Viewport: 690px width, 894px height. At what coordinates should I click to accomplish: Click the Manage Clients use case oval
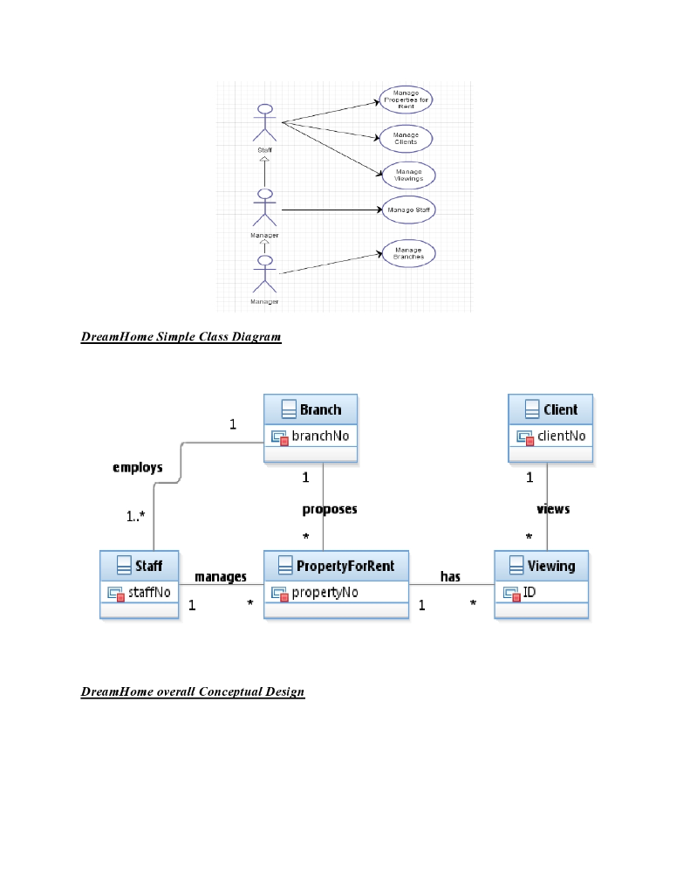(x=406, y=138)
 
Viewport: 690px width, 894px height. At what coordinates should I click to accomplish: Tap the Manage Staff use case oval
(x=406, y=210)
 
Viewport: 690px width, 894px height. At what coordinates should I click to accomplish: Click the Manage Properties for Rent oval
(x=406, y=100)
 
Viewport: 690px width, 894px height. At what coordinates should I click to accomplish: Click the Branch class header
(x=311, y=409)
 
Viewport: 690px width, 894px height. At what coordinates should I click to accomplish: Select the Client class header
(x=551, y=409)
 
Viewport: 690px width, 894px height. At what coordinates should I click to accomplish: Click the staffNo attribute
(x=148, y=593)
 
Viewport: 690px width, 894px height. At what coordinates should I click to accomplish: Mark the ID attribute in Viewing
(x=529, y=593)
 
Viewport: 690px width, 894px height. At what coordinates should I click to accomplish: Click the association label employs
(x=138, y=468)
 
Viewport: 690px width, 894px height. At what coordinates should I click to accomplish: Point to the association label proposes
(x=330, y=509)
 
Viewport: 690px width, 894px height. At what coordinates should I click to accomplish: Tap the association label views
(x=553, y=509)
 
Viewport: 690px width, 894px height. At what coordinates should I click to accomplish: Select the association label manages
(x=220, y=577)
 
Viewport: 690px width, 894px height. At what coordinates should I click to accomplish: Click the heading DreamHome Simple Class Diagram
(x=181, y=336)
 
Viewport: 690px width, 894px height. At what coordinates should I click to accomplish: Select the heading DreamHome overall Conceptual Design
(x=193, y=692)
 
